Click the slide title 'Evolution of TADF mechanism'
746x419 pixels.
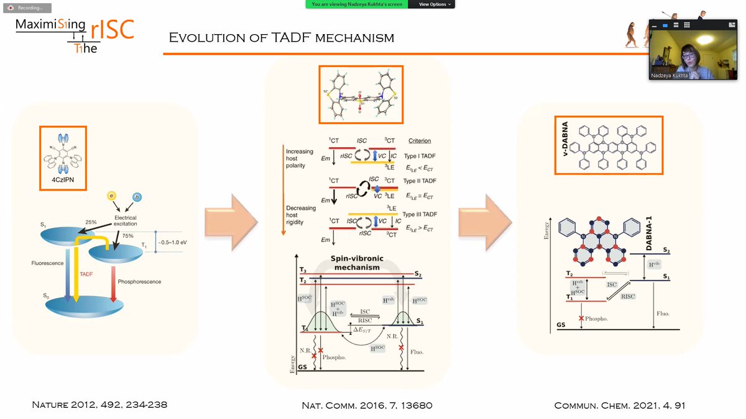point(282,38)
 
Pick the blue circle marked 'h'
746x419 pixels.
point(137,197)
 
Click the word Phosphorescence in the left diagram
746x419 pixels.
point(140,282)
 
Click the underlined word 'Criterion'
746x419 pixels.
point(420,141)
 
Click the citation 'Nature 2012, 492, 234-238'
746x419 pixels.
point(99,405)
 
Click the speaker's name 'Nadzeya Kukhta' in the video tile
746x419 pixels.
point(669,76)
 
